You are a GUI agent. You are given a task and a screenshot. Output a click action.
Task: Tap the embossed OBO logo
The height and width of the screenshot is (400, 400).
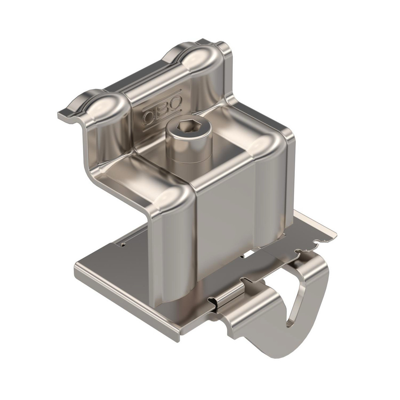tap(162, 110)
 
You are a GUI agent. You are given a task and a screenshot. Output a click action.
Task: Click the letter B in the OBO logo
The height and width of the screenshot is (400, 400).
tap(163, 110)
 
